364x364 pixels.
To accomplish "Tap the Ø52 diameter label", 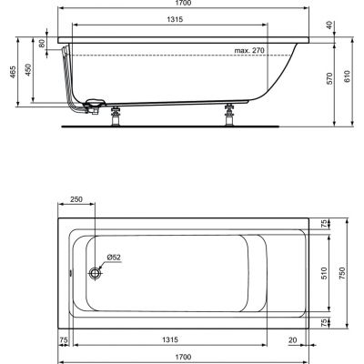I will click(x=113, y=258).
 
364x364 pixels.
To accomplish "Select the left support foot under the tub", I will click(x=116, y=116).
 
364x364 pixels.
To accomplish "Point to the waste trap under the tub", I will click(x=92, y=107).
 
